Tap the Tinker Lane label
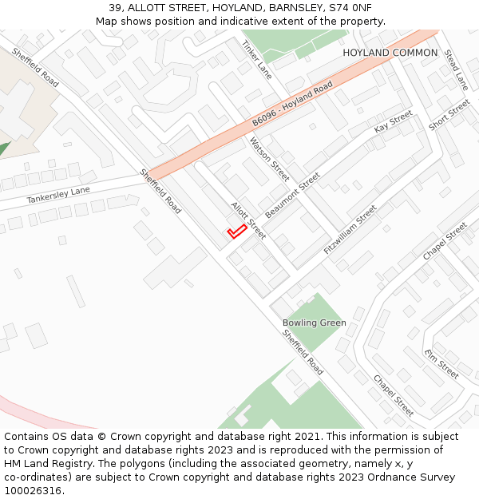point(256,60)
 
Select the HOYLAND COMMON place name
point(390,53)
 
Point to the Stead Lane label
point(456,69)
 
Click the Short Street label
point(449,115)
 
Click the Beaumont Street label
point(292,196)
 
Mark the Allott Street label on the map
point(248,220)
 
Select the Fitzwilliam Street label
point(350,230)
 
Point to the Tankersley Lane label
point(58,195)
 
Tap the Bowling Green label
point(314,323)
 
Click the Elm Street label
point(441,364)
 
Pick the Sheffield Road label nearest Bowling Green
point(303,352)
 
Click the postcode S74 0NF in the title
point(348,8)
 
